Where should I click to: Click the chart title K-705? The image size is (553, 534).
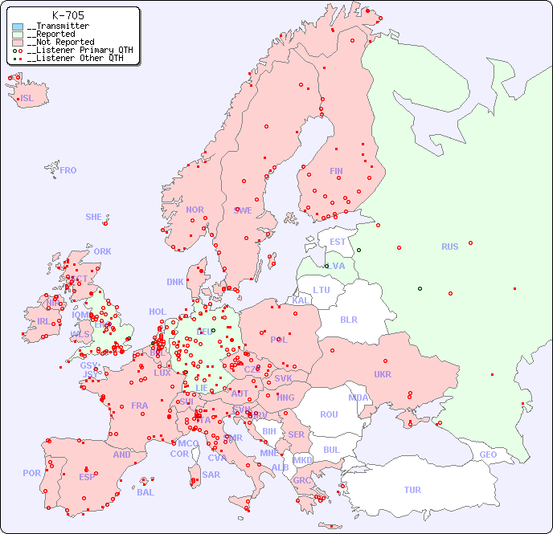tap(68, 15)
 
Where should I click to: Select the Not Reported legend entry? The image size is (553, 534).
tap(60, 42)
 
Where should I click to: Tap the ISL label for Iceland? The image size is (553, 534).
tap(27, 99)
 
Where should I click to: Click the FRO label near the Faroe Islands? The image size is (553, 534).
tap(68, 170)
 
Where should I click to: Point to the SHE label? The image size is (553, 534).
tap(94, 217)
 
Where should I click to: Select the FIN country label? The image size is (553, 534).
tap(336, 171)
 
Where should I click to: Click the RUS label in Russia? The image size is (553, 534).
tap(449, 247)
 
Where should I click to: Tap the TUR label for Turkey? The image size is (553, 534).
tap(412, 490)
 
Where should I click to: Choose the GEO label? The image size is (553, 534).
tap(488, 455)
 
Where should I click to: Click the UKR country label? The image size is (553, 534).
tap(383, 374)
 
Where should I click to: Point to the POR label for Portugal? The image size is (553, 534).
tap(31, 473)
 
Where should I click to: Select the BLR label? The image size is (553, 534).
tap(349, 319)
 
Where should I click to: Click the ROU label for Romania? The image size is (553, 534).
tap(329, 414)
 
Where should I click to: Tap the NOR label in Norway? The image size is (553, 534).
tap(195, 210)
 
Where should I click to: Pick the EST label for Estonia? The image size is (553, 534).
tap(338, 242)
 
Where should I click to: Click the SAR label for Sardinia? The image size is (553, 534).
tap(211, 475)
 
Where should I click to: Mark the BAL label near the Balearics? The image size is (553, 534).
tap(145, 492)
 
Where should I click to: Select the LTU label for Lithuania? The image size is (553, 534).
tap(322, 290)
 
